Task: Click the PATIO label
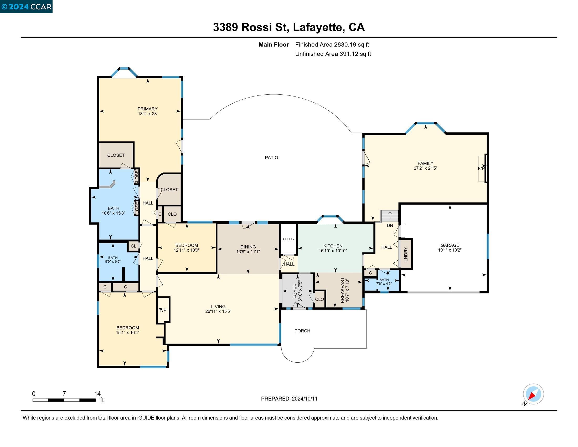click(x=271, y=158)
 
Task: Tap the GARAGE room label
click(x=450, y=245)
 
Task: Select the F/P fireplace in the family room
click(x=481, y=169)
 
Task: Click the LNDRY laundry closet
click(x=406, y=254)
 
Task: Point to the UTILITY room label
click(x=288, y=239)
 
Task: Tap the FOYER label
click(x=296, y=291)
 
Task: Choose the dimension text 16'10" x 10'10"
click(x=333, y=251)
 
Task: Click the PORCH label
click(x=302, y=331)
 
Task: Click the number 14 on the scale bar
click(x=97, y=394)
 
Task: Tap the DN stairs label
click(x=390, y=225)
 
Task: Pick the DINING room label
click(x=248, y=247)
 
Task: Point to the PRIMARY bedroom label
click(x=147, y=109)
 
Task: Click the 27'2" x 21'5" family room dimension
click(x=425, y=168)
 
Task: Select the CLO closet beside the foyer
click(x=319, y=299)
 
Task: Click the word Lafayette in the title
click(x=317, y=27)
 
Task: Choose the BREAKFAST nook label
click(x=343, y=290)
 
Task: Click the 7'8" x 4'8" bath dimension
click(x=384, y=284)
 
